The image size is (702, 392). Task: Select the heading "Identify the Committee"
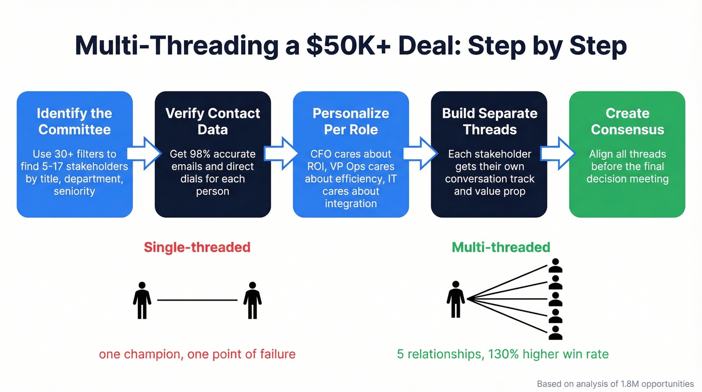point(75,121)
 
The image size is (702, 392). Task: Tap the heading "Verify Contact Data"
point(213,121)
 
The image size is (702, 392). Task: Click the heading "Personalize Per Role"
point(350,121)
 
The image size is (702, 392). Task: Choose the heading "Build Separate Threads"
point(489,121)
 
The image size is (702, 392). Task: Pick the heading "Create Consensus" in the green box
point(627,121)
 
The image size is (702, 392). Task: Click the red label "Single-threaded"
point(197,247)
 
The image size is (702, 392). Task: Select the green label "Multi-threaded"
point(501,247)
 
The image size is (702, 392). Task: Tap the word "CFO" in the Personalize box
point(321,154)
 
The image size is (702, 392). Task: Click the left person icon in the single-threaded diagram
point(142,300)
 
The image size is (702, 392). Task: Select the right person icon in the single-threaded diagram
point(252,300)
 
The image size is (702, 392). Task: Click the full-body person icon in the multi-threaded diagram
point(455,299)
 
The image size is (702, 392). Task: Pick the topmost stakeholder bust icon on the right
point(555,266)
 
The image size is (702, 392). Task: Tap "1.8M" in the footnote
point(633,383)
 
